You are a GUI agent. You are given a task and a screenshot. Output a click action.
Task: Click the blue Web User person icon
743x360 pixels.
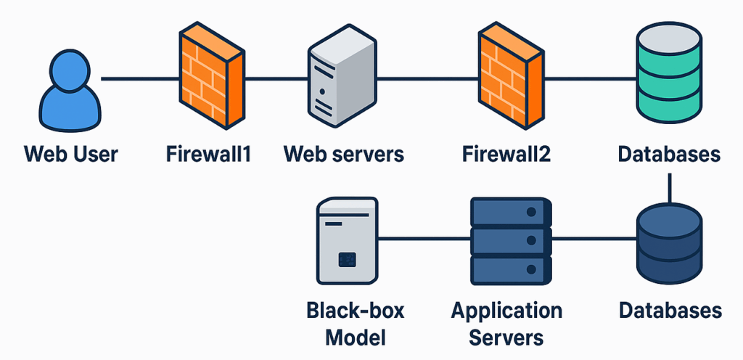click(70, 92)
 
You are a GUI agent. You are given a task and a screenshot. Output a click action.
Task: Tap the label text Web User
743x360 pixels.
click(70, 154)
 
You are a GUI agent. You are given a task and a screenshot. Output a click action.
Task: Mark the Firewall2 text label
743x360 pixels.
click(507, 154)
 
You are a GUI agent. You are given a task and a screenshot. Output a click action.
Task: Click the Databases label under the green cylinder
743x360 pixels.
click(669, 154)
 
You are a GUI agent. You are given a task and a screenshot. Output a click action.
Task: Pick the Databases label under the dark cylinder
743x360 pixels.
click(670, 311)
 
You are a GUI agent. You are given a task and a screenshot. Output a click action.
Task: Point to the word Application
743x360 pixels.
click(506, 311)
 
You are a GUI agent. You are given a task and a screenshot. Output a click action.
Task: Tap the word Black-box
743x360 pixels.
click(355, 311)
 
